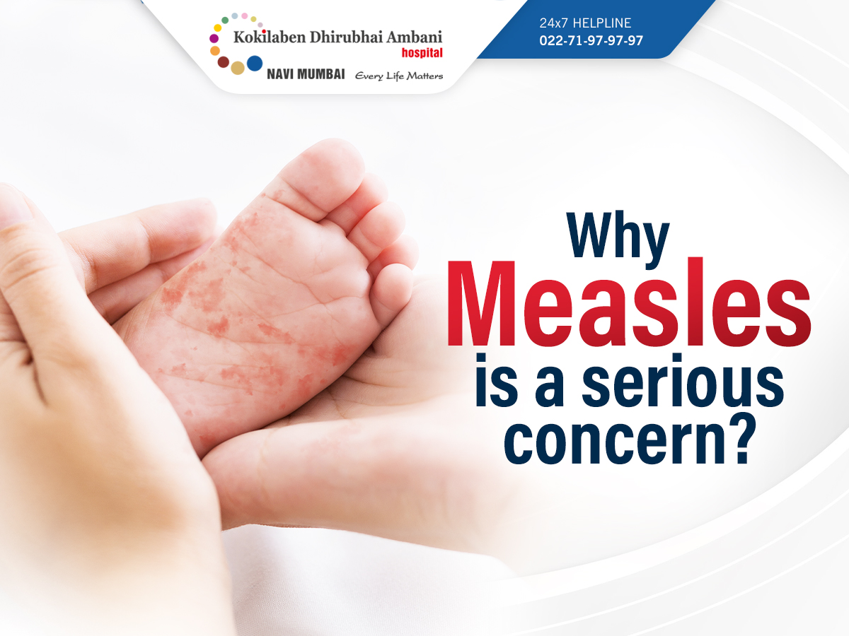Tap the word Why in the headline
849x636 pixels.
(618, 239)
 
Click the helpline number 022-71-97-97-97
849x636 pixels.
(591, 40)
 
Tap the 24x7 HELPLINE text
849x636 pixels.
(585, 23)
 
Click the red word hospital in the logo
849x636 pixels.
(422, 53)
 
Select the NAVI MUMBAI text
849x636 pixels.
(306, 74)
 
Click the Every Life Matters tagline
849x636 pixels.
(399, 76)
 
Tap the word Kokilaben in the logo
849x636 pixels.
(270, 37)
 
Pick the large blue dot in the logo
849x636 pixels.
(255, 64)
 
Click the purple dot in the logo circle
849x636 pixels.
(214, 38)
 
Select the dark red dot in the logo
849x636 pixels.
(223, 61)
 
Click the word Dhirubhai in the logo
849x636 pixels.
(346, 37)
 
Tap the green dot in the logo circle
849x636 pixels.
(225, 20)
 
